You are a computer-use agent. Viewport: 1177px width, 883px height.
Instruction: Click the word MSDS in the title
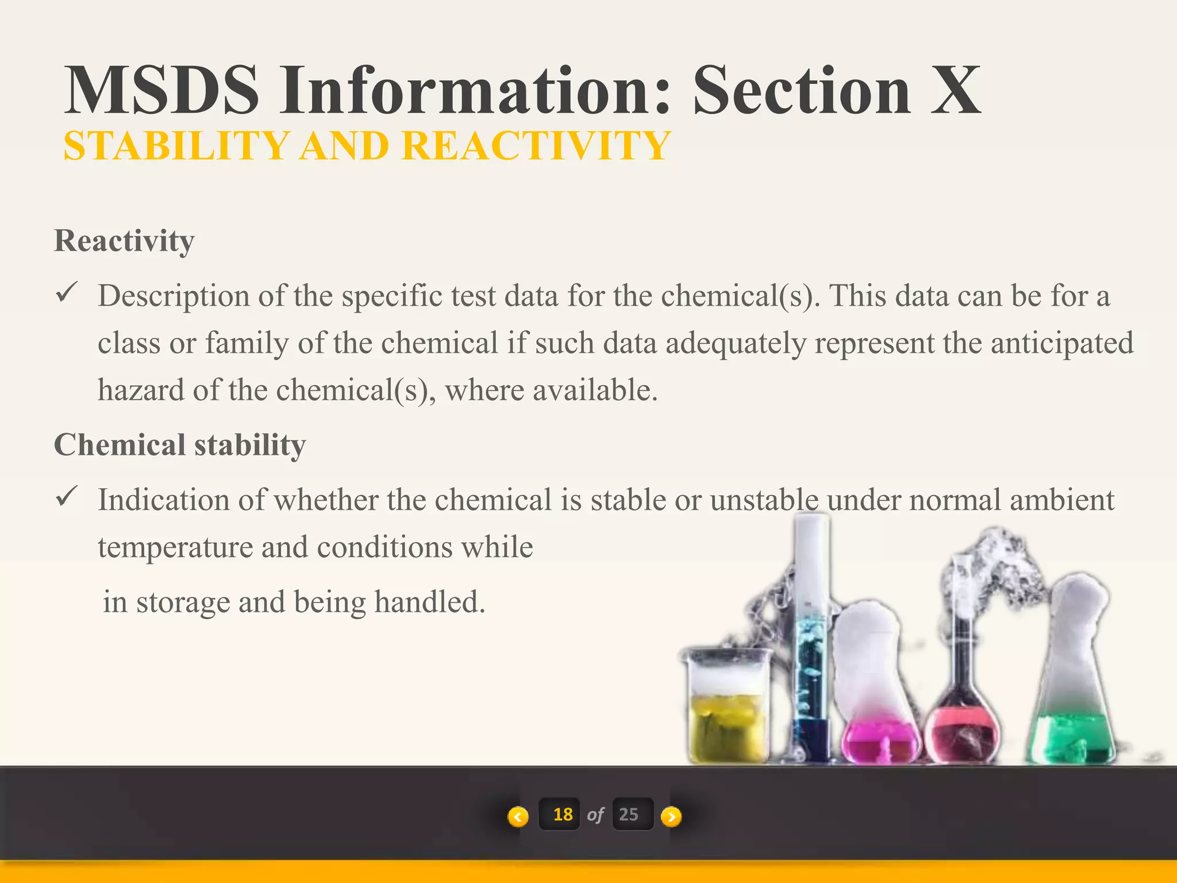[x=162, y=91]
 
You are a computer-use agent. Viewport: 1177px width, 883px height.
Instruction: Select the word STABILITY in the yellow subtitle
[x=176, y=146]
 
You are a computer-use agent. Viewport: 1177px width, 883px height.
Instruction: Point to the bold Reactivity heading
[x=124, y=240]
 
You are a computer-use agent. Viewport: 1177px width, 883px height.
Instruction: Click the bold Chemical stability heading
[x=180, y=445]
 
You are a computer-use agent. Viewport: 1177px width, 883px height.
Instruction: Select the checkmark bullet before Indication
[x=67, y=496]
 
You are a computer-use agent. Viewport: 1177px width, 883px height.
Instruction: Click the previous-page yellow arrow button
[x=518, y=816]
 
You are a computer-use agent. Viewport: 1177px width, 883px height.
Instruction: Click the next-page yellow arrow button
[x=671, y=816]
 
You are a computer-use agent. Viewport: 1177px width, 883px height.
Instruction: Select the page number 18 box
[x=562, y=815]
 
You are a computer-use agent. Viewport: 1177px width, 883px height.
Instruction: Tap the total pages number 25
[x=629, y=815]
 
